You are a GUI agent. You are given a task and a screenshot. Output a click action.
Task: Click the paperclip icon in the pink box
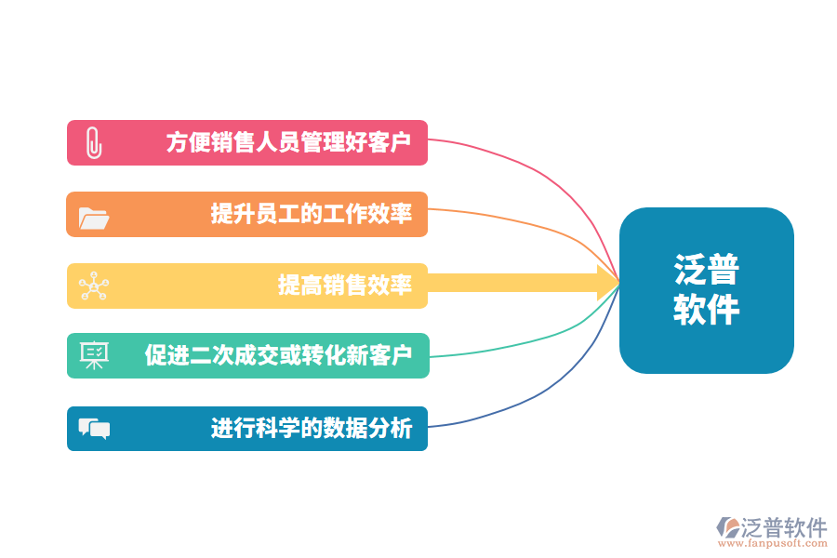pos(92,143)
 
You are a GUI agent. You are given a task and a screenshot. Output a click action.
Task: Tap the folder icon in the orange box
pos(94,216)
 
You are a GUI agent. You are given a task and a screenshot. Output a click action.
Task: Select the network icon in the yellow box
pos(93,286)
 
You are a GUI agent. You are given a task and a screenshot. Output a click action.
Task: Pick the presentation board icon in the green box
pos(94,355)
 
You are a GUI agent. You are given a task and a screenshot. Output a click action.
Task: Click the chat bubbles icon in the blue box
pos(94,428)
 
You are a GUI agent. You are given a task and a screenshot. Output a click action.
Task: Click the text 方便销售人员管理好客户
pos(288,143)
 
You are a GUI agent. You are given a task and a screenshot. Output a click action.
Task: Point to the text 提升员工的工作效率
pos(311,215)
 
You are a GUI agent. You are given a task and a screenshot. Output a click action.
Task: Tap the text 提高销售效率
pos(344,286)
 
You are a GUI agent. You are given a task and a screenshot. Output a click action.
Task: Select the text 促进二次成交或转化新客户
pos(277,355)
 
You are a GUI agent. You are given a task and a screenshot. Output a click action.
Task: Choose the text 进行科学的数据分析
pos(311,429)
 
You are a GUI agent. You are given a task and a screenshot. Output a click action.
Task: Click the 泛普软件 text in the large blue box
pos(706,290)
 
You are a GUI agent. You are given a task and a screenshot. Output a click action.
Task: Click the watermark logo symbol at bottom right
pos(727,526)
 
